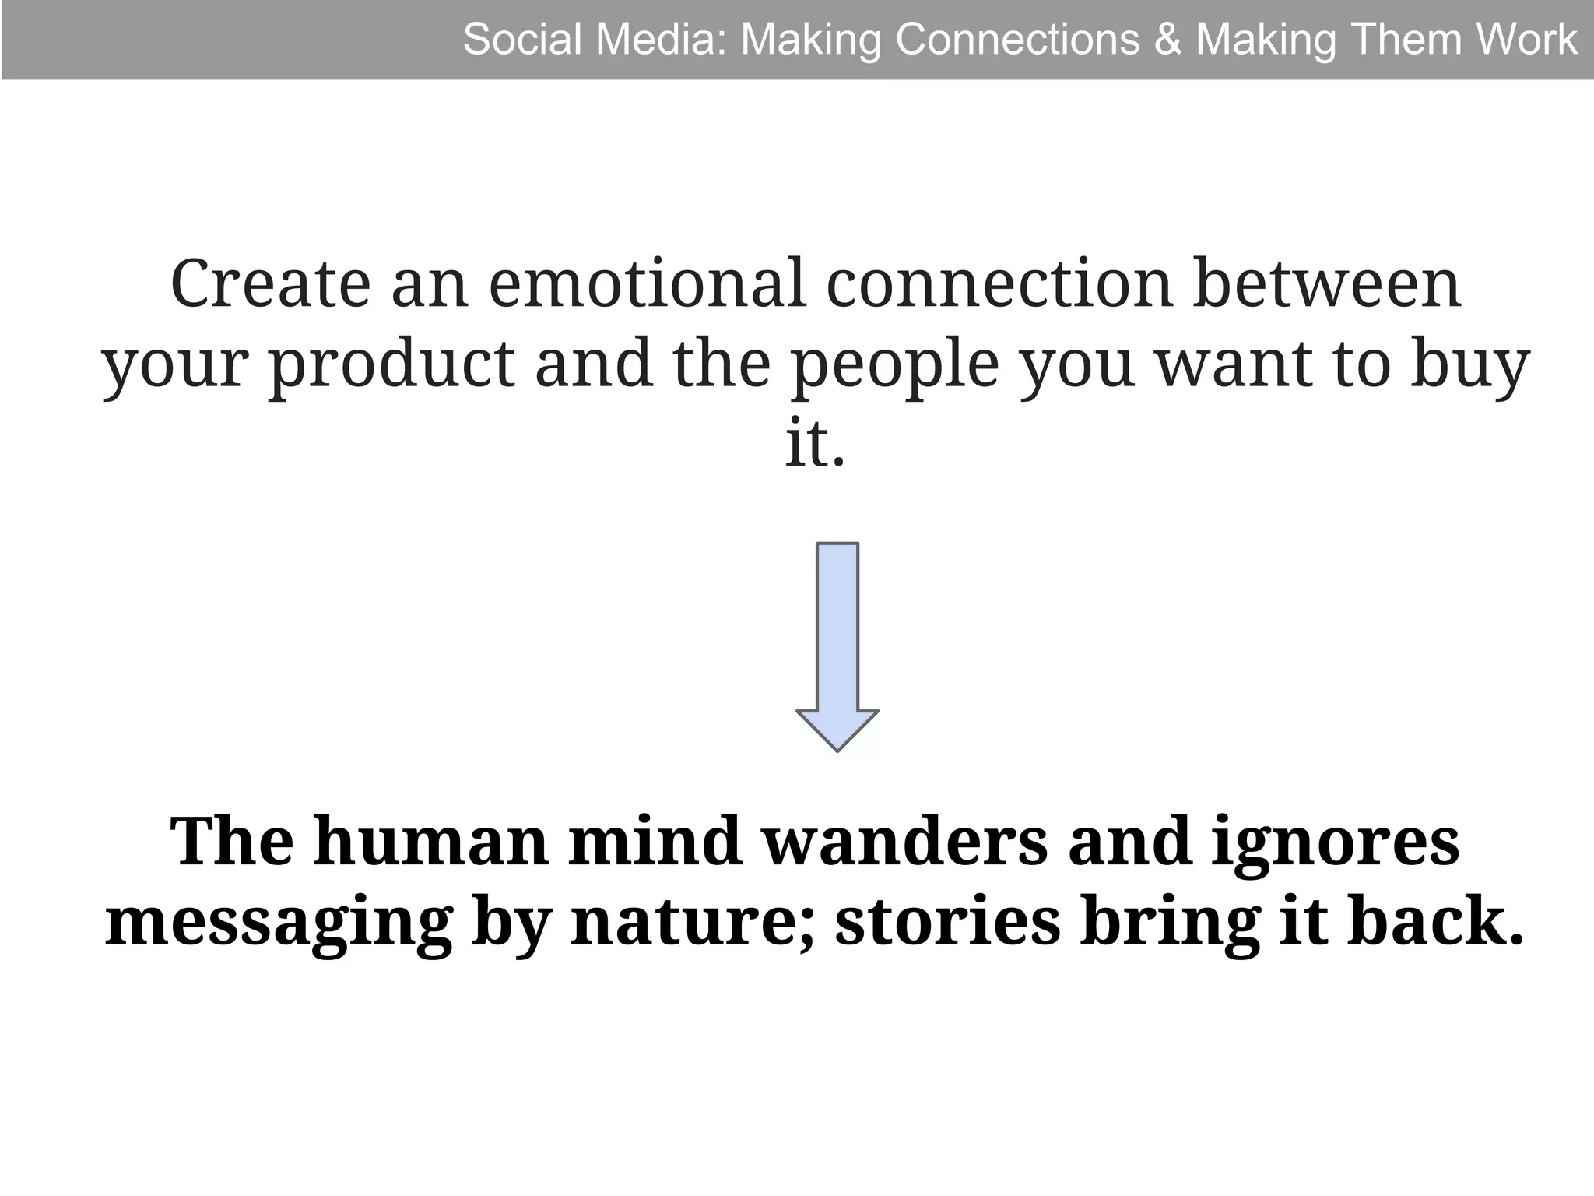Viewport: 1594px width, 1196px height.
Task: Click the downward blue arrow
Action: pos(837,646)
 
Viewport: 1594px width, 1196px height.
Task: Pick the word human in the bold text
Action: pos(430,842)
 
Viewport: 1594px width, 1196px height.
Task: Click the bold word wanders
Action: pos(904,842)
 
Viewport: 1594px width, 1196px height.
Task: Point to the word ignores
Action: pos(1336,842)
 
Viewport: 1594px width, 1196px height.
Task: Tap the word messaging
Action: pos(279,923)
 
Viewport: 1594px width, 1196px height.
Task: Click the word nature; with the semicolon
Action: pos(693,923)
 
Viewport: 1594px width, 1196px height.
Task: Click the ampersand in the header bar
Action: pos(1167,40)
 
